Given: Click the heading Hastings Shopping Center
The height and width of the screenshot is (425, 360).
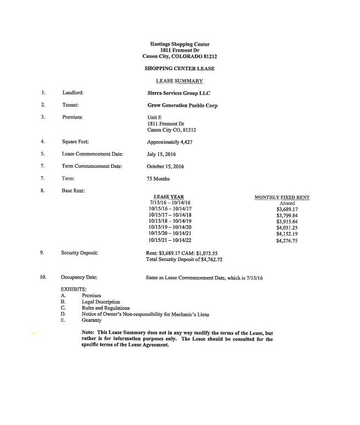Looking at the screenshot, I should [179, 44].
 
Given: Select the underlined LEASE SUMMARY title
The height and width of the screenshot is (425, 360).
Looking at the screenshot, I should [179, 81].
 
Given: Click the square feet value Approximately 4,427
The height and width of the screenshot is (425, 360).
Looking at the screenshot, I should [169, 141].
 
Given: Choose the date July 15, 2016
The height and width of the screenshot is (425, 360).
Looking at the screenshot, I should [161, 154].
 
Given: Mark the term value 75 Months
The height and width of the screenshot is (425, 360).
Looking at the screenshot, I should [159, 179].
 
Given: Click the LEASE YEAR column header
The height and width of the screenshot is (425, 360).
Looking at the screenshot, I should [168, 196].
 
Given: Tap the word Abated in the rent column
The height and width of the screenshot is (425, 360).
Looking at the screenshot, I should [287, 203].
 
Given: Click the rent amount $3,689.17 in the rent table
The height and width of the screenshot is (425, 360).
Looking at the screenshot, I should [287, 209].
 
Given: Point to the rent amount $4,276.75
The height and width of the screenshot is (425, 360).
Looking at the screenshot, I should [287, 240].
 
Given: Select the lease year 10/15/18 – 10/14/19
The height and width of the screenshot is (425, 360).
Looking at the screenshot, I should [170, 222].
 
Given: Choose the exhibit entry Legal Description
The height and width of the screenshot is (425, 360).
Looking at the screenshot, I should [101, 302].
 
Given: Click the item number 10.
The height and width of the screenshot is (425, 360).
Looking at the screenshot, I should [43, 277].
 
